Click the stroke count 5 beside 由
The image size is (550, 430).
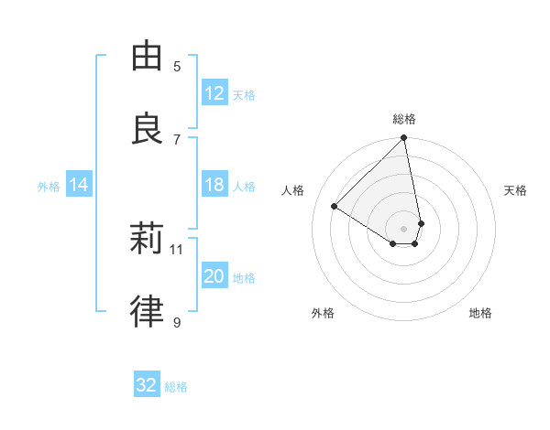tap(177, 66)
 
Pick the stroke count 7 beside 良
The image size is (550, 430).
tap(177, 139)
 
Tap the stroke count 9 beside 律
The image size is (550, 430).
tap(177, 322)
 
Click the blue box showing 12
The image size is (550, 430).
tap(214, 93)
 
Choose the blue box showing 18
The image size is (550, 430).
tap(214, 185)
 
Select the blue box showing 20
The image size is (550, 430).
tap(214, 276)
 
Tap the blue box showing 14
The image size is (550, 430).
tap(79, 185)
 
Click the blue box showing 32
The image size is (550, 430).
tap(147, 385)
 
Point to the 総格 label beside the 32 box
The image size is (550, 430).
tap(176, 387)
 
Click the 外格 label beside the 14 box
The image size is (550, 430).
tap(49, 187)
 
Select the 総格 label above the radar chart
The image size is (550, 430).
tap(404, 119)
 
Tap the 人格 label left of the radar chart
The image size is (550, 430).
tap(293, 190)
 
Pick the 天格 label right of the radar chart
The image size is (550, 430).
tap(515, 190)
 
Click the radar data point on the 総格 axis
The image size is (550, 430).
tap(404, 139)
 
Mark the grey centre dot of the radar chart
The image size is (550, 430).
tap(403, 228)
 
